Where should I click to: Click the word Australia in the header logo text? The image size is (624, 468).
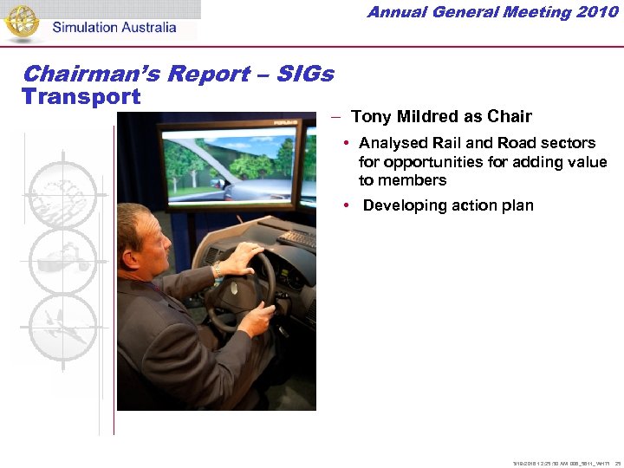click(144, 27)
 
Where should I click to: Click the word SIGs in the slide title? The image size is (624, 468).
click(304, 74)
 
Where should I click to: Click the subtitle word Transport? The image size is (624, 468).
click(81, 96)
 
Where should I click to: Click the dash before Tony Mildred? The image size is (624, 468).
click(335, 116)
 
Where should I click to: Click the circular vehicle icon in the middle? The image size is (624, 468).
click(63, 261)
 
